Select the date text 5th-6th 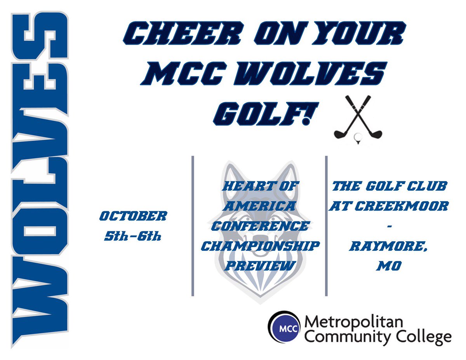tap(132, 236)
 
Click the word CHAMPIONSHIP tap(260, 246)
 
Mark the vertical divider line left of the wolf tap(193, 226)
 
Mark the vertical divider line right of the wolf tap(326, 226)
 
